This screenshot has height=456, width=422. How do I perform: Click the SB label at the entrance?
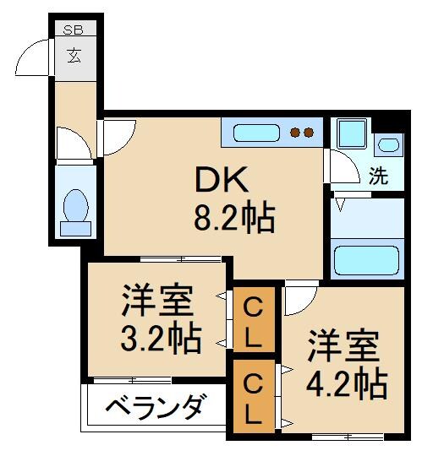pos(74,30)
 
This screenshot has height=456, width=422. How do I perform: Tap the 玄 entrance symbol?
pos(74,58)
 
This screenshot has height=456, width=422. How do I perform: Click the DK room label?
pos(222,180)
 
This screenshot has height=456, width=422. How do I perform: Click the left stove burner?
pos(295,132)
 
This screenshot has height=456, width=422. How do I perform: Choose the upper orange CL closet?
pos(254,321)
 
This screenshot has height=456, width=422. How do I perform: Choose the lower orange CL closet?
pos(254,399)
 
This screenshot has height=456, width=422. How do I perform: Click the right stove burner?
pos(310,132)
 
